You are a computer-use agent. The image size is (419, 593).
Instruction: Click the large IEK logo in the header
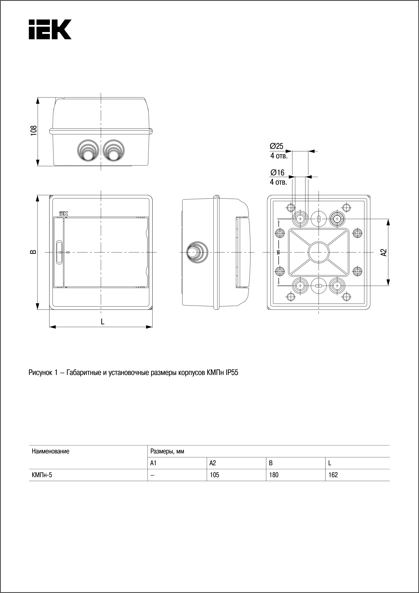pyautogui.click(x=50, y=29)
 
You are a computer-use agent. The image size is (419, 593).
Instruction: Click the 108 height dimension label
pyautogui.click(x=34, y=131)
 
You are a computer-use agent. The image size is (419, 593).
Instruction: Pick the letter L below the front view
pyautogui.click(x=103, y=321)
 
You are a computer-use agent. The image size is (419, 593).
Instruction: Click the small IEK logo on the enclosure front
pyautogui.click(x=64, y=214)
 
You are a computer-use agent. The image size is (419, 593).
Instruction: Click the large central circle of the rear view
pyautogui.click(x=319, y=252)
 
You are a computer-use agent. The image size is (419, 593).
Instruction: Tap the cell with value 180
pyautogui.click(x=274, y=475)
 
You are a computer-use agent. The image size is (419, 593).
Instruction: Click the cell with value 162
pyautogui.click(x=333, y=475)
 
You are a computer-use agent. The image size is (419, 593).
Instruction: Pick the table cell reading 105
pyautogui.click(x=214, y=475)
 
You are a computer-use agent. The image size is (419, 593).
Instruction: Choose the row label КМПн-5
pyautogui.click(x=42, y=475)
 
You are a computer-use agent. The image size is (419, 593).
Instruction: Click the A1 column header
pyautogui.click(x=153, y=463)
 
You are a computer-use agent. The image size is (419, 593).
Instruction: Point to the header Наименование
pyautogui.click(x=51, y=451)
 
